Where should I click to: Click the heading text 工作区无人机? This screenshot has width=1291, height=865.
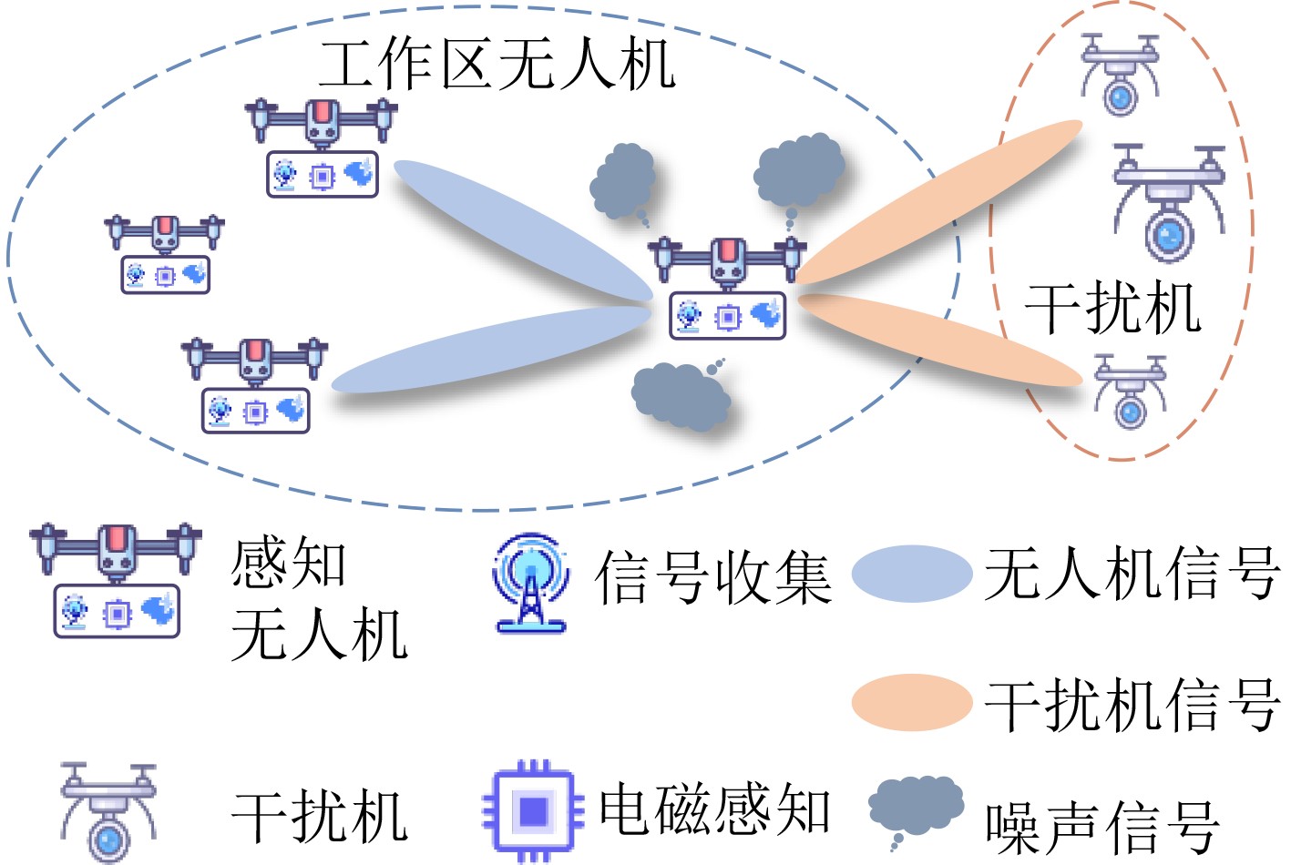[497, 65]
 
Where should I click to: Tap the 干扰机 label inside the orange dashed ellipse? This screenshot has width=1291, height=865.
[1112, 309]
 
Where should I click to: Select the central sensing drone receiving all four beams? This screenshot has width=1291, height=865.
[727, 287]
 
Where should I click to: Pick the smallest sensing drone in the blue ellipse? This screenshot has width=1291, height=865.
[165, 254]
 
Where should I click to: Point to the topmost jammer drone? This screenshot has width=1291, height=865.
[1120, 75]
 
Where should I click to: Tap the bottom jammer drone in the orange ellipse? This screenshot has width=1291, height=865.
[1131, 392]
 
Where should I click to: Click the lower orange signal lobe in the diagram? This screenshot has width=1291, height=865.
[940, 340]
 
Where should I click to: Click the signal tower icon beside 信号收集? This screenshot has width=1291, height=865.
[531, 583]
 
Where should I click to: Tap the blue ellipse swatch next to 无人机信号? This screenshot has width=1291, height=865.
[912, 575]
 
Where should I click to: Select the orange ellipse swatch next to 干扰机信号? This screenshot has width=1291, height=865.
[912, 702]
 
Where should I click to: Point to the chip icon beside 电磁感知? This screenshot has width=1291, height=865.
[533, 811]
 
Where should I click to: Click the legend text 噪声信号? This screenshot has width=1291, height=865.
[1102, 829]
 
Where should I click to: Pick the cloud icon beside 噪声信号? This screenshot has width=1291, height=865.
[916, 809]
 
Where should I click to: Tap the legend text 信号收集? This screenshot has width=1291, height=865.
[713, 577]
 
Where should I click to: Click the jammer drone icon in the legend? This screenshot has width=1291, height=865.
[108, 813]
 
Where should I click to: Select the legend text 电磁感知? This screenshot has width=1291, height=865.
[714, 808]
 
